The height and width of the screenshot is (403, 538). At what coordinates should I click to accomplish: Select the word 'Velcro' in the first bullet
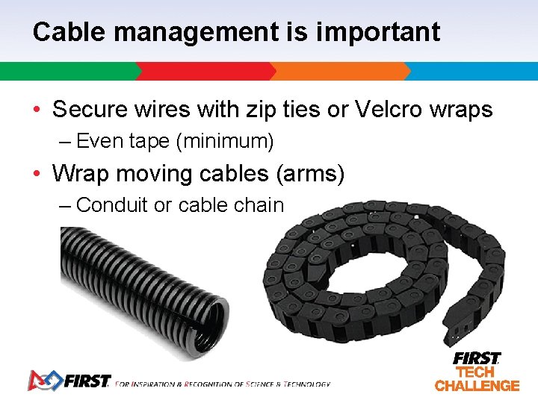click(x=389, y=110)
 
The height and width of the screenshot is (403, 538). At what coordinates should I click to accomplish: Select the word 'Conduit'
click(x=112, y=204)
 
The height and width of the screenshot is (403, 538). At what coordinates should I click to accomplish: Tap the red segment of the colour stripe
click(x=205, y=72)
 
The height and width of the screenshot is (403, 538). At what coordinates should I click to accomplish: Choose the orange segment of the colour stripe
click(x=340, y=72)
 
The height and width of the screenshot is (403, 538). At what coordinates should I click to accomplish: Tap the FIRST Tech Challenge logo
click(x=477, y=372)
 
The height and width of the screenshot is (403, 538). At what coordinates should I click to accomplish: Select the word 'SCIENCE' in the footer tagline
click(x=262, y=384)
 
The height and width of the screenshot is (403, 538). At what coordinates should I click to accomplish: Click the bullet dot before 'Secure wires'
click(x=37, y=110)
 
